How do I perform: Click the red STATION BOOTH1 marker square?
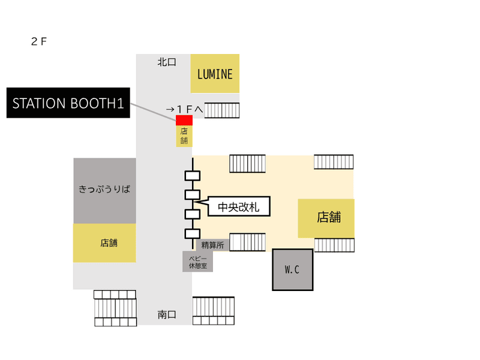point(184,121)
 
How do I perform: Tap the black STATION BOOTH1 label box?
point(68,103)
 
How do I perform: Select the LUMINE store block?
point(215,73)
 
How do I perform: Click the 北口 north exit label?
point(167,62)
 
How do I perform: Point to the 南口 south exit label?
point(167,314)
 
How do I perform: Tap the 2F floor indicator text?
point(39,41)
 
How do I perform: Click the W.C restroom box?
point(293,269)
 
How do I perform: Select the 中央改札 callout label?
point(239,206)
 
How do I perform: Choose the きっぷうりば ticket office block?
point(104,191)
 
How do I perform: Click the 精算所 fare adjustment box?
point(212,245)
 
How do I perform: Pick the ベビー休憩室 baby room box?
point(198,262)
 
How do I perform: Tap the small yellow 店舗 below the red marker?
point(184,136)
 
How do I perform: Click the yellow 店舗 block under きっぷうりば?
point(104,243)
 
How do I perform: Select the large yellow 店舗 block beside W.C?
point(326,218)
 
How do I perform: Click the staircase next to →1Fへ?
point(222,110)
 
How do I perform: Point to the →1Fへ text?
point(185,109)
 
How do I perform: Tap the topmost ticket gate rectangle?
point(193,176)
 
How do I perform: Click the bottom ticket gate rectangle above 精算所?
point(193,233)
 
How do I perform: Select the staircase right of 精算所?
point(247,242)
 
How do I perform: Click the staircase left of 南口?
point(115,308)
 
